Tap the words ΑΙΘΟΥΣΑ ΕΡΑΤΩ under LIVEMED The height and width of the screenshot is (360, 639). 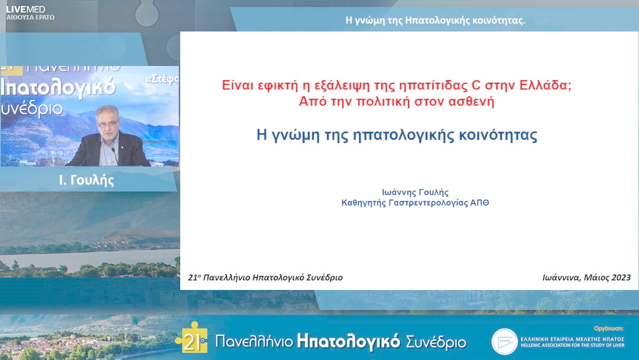[x=30, y=18]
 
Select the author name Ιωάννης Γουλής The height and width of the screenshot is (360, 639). [x=415, y=192]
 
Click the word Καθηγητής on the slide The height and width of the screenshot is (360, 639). [x=366, y=202]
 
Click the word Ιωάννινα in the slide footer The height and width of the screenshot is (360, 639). [x=562, y=277]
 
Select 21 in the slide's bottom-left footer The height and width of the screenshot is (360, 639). [x=192, y=277]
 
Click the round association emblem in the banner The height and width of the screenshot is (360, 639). [x=504, y=342]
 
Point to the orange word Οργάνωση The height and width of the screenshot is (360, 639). [x=612, y=327]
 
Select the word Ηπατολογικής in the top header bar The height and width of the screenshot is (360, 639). [x=438, y=20]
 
